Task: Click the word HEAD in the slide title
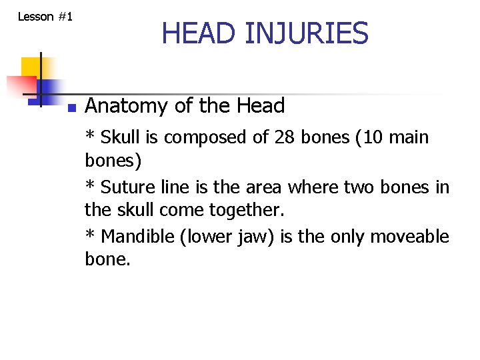tap(198, 33)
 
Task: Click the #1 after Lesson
tap(65, 16)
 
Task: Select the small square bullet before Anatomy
tap(71, 107)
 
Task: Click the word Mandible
tap(137, 237)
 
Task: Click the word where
tap(319, 188)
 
